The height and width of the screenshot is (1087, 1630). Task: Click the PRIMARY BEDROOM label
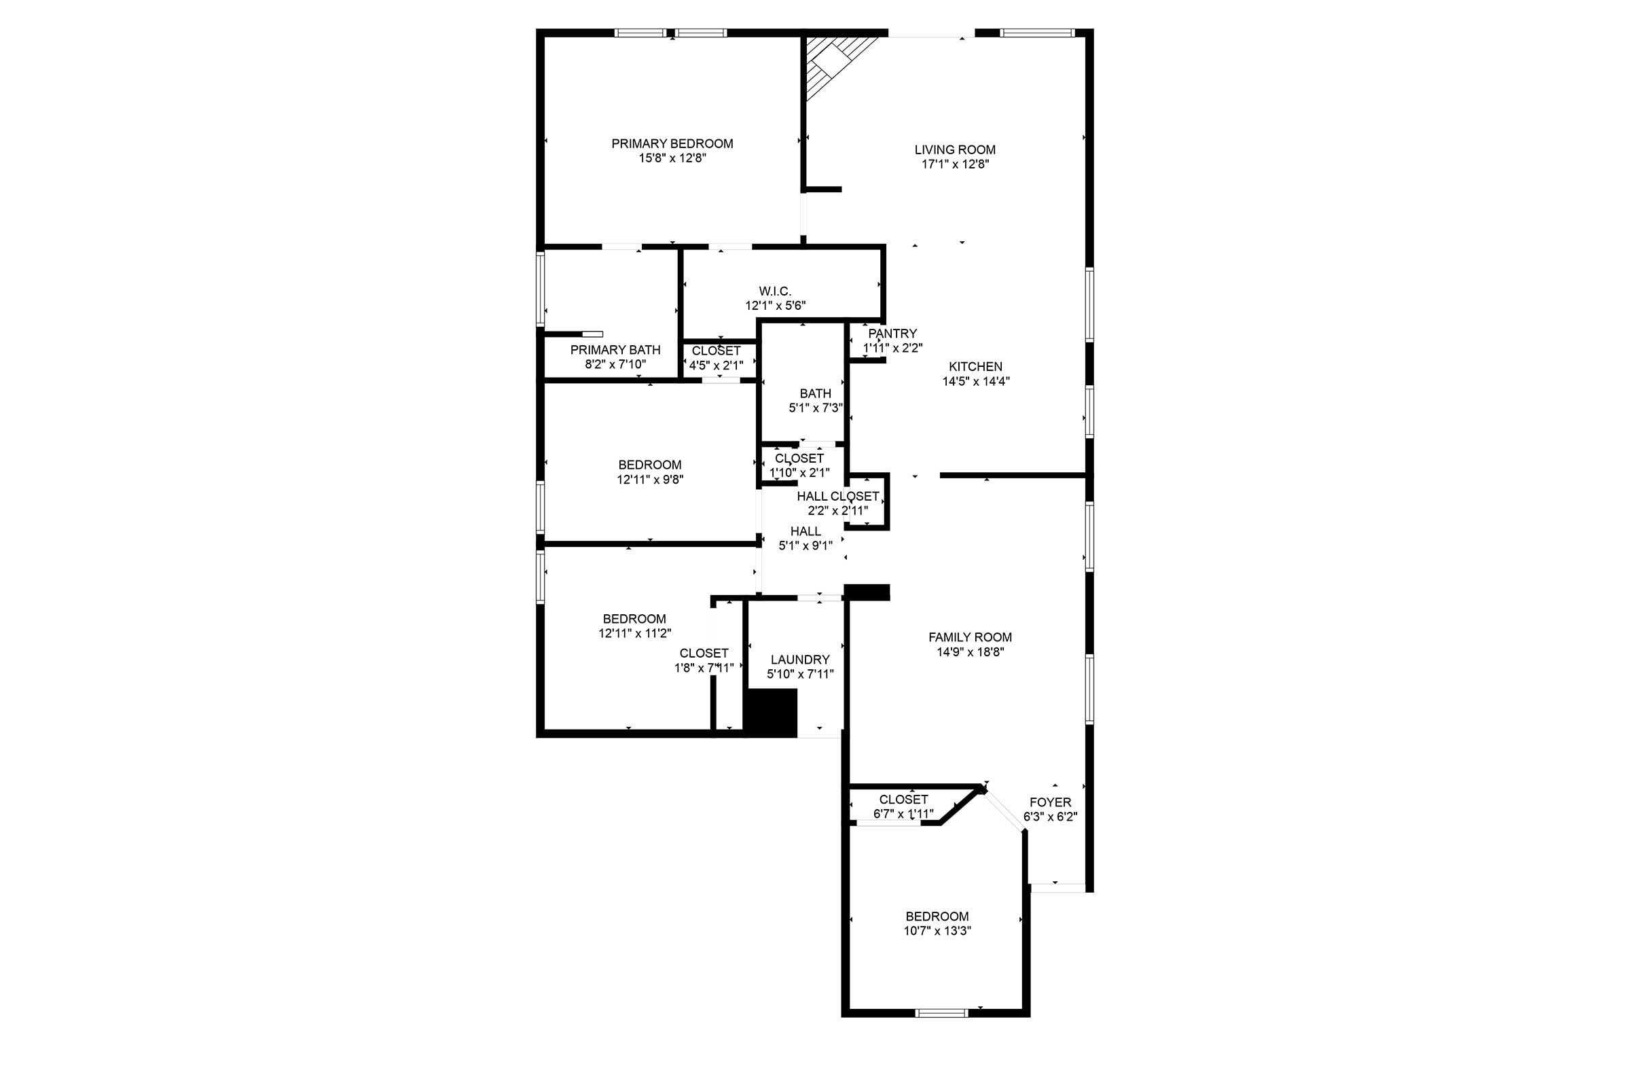pyautogui.click(x=672, y=143)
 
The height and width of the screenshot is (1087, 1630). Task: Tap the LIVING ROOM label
pyautogui.click(x=954, y=149)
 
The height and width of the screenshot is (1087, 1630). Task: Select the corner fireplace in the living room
pyautogui.click(x=837, y=66)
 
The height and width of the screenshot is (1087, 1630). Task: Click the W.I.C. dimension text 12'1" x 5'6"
pyautogui.click(x=775, y=306)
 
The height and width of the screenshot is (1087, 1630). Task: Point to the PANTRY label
pyautogui.click(x=892, y=334)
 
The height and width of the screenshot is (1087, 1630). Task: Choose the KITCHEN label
pyautogui.click(x=975, y=367)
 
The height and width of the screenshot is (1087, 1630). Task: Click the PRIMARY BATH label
pyautogui.click(x=615, y=350)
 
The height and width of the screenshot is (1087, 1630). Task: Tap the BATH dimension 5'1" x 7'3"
pyautogui.click(x=815, y=408)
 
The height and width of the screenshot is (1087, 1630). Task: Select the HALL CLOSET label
pyautogui.click(x=837, y=497)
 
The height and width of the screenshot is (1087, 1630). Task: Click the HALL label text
pyautogui.click(x=805, y=531)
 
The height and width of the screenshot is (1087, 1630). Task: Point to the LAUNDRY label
pyautogui.click(x=800, y=659)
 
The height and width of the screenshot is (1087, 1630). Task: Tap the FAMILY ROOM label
pyautogui.click(x=970, y=637)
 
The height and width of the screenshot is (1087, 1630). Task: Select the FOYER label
pyautogui.click(x=1050, y=802)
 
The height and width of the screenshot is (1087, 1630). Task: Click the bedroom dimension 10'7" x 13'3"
pyautogui.click(x=937, y=931)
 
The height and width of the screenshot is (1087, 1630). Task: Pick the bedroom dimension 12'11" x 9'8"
pyautogui.click(x=650, y=479)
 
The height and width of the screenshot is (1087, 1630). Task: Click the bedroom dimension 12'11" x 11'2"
pyautogui.click(x=635, y=633)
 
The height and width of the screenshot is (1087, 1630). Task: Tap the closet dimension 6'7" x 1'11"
pyautogui.click(x=903, y=814)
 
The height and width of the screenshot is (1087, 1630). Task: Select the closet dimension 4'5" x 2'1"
pyautogui.click(x=716, y=366)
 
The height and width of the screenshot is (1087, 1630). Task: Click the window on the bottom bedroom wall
pyautogui.click(x=941, y=1013)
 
